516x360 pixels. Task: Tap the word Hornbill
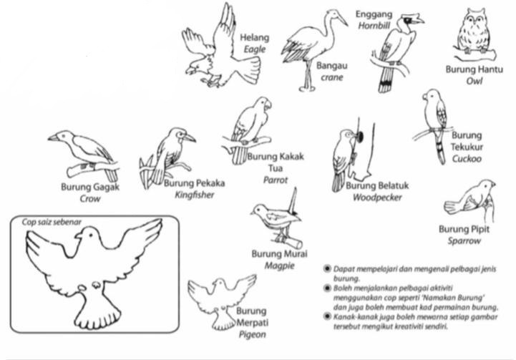pyautogui.click(x=374, y=26)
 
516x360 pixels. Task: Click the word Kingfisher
pyautogui.click(x=195, y=195)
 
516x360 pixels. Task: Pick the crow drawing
pyautogui.click(x=84, y=155)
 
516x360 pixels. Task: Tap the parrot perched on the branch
pyautogui.click(x=250, y=130)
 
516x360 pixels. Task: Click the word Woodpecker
pyautogui.click(x=377, y=198)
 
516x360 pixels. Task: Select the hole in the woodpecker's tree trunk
pyautogui.click(x=360, y=137)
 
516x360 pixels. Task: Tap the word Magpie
pyautogui.click(x=280, y=266)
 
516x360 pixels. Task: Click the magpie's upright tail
pyautogui.click(x=293, y=200)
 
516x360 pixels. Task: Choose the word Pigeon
pyautogui.click(x=253, y=335)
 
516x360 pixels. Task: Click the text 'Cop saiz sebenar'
pyautogui.click(x=52, y=222)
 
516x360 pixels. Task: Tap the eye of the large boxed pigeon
pyautogui.click(x=90, y=235)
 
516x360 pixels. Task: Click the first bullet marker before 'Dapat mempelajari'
pyautogui.click(x=327, y=269)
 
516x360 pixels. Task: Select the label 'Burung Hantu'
pyautogui.click(x=474, y=69)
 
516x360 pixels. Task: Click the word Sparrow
pyautogui.click(x=464, y=241)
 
